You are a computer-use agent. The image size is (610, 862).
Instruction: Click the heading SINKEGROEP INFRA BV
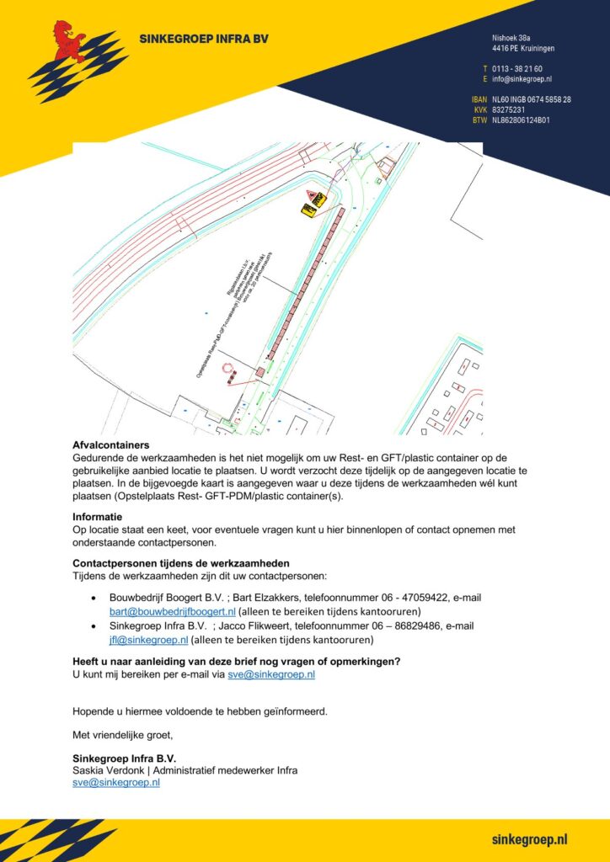click(x=199, y=39)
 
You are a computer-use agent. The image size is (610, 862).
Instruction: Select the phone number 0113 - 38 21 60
click(x=517, y=68)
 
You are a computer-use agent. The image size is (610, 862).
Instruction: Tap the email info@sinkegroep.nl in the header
click(x=522, y=79)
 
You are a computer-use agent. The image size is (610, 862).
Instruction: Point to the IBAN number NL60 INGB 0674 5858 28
click(x=532, y=99)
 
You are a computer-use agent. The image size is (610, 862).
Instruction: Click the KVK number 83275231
click(x=509, y=109)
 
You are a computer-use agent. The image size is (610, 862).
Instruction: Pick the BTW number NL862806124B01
click(x=521, y=120)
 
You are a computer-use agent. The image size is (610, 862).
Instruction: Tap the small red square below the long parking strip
click(x=260, y=371)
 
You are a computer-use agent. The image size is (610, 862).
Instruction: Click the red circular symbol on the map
click(x=227, y=369)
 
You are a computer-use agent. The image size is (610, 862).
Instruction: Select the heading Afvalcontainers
click(x=111, y=445)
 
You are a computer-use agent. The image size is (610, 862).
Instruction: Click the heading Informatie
click(x=98, y=517)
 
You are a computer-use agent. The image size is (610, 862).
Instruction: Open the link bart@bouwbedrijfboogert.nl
click(x=172, y=611)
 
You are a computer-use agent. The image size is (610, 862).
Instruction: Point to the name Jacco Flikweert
click(x=256, y=626)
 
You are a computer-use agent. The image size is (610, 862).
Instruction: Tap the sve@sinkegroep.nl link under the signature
click(x=116, y=782)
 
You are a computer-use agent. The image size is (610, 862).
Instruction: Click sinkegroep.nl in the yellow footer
click(x=529, y=839)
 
